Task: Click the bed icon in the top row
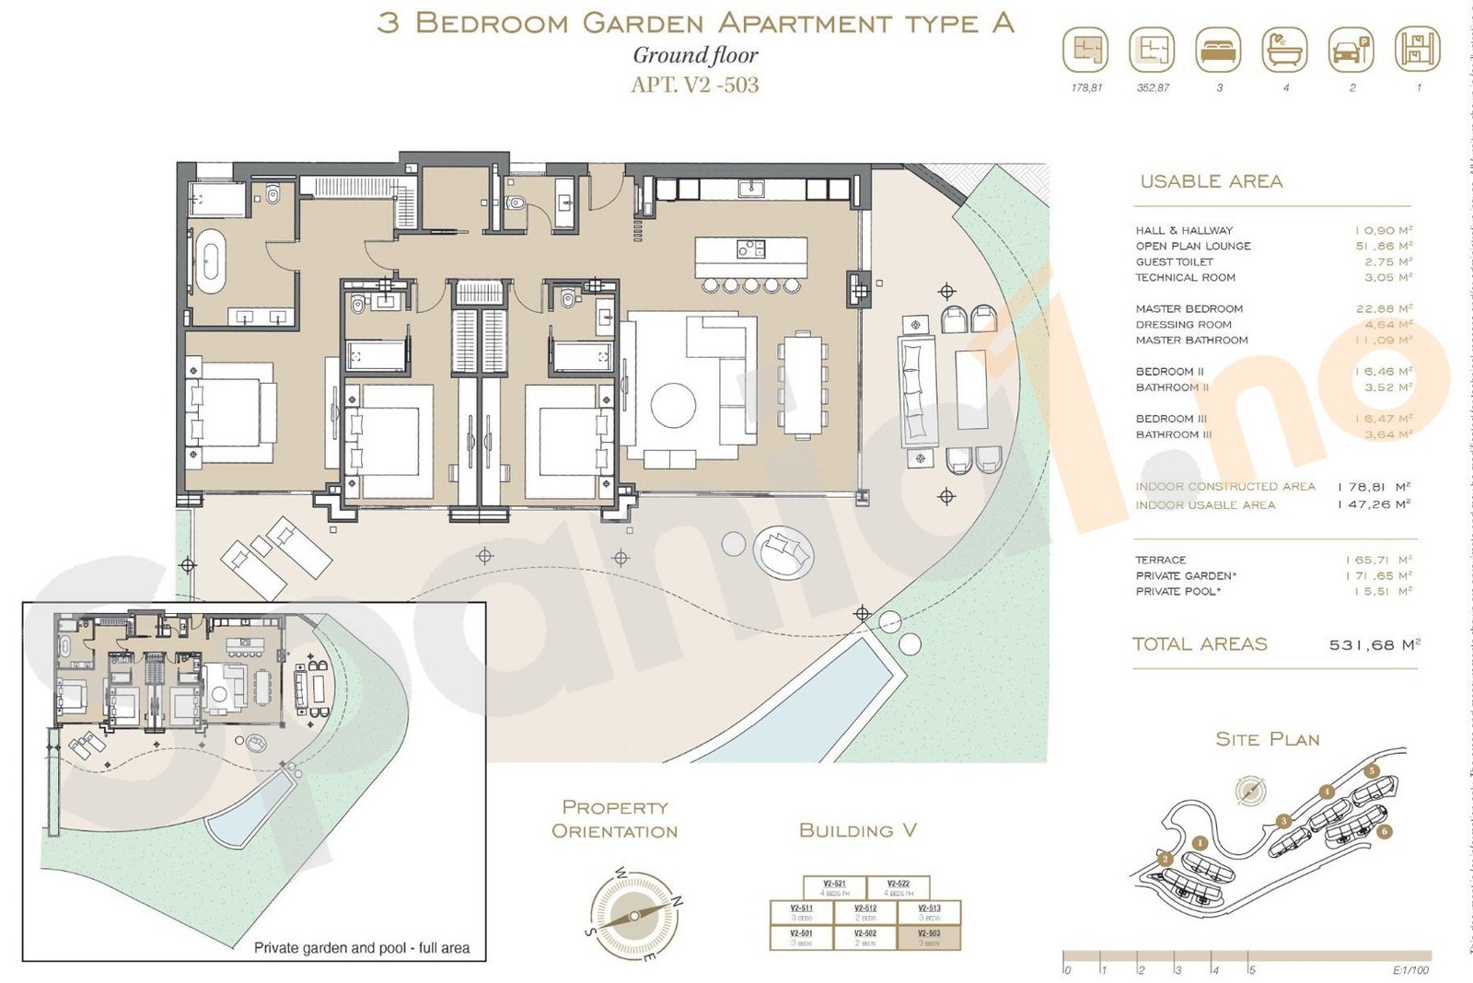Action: pyautogui.click(x=1218, y=50)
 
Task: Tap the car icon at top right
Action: pyautogui.click(x=1351, y=50)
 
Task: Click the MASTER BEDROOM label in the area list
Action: pyautogui.click(x=1189, y=309)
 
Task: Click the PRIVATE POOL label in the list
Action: pyautogui.click(x=1177, y=592)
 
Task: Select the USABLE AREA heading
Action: pyautogui.click(x=1211, y=182)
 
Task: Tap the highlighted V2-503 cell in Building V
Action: pyautogui.click(x=929, y=937)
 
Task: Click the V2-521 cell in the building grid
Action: pyautogui.click(x=834, y=887)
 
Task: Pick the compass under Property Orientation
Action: pyautogui.click(x=633, y=916)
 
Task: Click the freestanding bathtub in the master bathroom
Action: pyautogui.click(x=210, y=260)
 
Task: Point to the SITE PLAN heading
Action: pyautogui.click(x=1267, y=740)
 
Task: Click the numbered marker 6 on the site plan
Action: pyautogui.click(x=1385, y=831)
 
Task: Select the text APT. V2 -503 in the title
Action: pyautogui.click(x=694, y=86)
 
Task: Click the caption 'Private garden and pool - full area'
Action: pyautogui.click(x=361, y=948)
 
